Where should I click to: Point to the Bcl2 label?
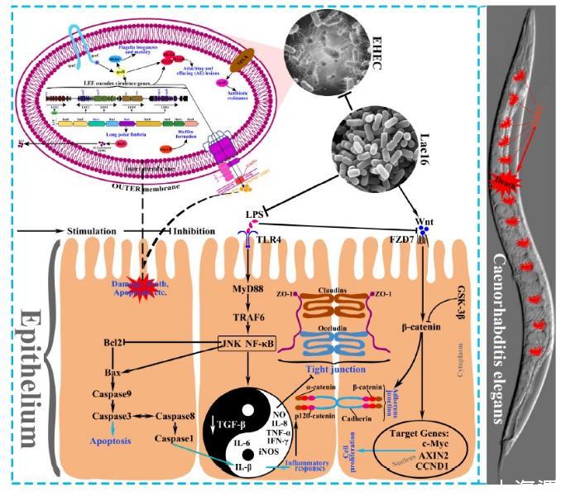[115, 341]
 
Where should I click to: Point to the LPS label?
[255, 215]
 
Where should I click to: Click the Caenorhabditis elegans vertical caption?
[501, 339]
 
